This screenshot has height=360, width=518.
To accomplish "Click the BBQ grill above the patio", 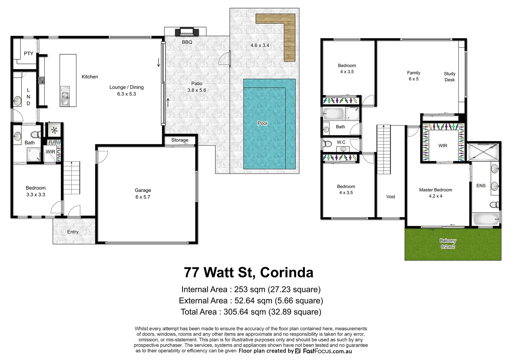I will coord(187,32).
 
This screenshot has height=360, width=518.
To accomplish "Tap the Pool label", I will coord(262,123).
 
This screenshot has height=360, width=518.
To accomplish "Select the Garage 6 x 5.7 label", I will coord(143,194).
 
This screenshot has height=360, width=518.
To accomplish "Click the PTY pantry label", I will coord(29,53).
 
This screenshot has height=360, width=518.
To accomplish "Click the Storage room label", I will coord(180,140).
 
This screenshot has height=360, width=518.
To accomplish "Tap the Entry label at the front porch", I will coord(73,232).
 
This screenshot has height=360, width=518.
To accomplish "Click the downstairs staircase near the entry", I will coord(72,178).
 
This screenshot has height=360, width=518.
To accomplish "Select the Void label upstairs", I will coord(391,197).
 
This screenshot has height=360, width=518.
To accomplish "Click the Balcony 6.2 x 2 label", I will coord(448,244).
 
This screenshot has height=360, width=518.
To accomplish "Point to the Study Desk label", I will coord(450,77).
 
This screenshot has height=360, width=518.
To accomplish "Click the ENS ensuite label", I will coord(481,186).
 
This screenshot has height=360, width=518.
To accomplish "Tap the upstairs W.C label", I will coord(341,142).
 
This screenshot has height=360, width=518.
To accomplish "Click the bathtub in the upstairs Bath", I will coord(333,114).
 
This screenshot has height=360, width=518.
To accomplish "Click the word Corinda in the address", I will coord(287,273).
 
